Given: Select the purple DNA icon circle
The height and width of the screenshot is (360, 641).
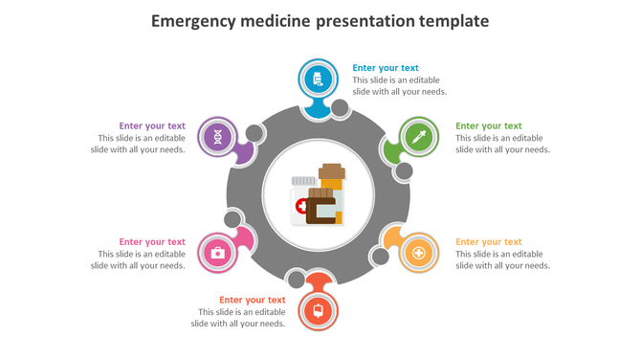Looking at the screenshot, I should click(219, 137).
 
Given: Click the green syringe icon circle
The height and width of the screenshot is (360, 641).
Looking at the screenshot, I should click(417, 137).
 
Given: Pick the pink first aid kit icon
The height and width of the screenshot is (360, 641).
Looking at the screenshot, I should click(217, 253).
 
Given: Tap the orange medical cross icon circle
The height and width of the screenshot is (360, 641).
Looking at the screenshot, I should click(418, 253).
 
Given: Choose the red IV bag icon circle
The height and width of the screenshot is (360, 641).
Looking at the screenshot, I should click(318, 310).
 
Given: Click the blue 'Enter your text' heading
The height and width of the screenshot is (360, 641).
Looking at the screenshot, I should click(386, 68).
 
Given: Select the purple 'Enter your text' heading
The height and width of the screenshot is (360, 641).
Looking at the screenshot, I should click(152, 125).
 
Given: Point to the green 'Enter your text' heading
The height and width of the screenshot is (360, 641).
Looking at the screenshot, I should click(488, 125).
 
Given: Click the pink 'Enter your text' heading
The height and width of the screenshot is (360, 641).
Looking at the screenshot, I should click(152, 242).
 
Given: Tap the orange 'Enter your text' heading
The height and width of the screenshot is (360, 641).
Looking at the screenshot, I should click(488, 242).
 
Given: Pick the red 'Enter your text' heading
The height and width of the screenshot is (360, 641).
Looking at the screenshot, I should click(252, 300).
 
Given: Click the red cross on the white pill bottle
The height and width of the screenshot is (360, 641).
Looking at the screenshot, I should click(302, 206).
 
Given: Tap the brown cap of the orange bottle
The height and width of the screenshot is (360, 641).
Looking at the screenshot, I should click(332, 171).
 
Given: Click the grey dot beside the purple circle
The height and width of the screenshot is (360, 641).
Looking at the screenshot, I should click(255, 133).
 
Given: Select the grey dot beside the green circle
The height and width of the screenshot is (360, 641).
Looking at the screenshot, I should click(405, 171).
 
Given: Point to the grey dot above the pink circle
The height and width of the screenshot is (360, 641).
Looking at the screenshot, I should click(233, 219).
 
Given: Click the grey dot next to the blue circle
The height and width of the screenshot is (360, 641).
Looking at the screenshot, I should click(340, 108).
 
